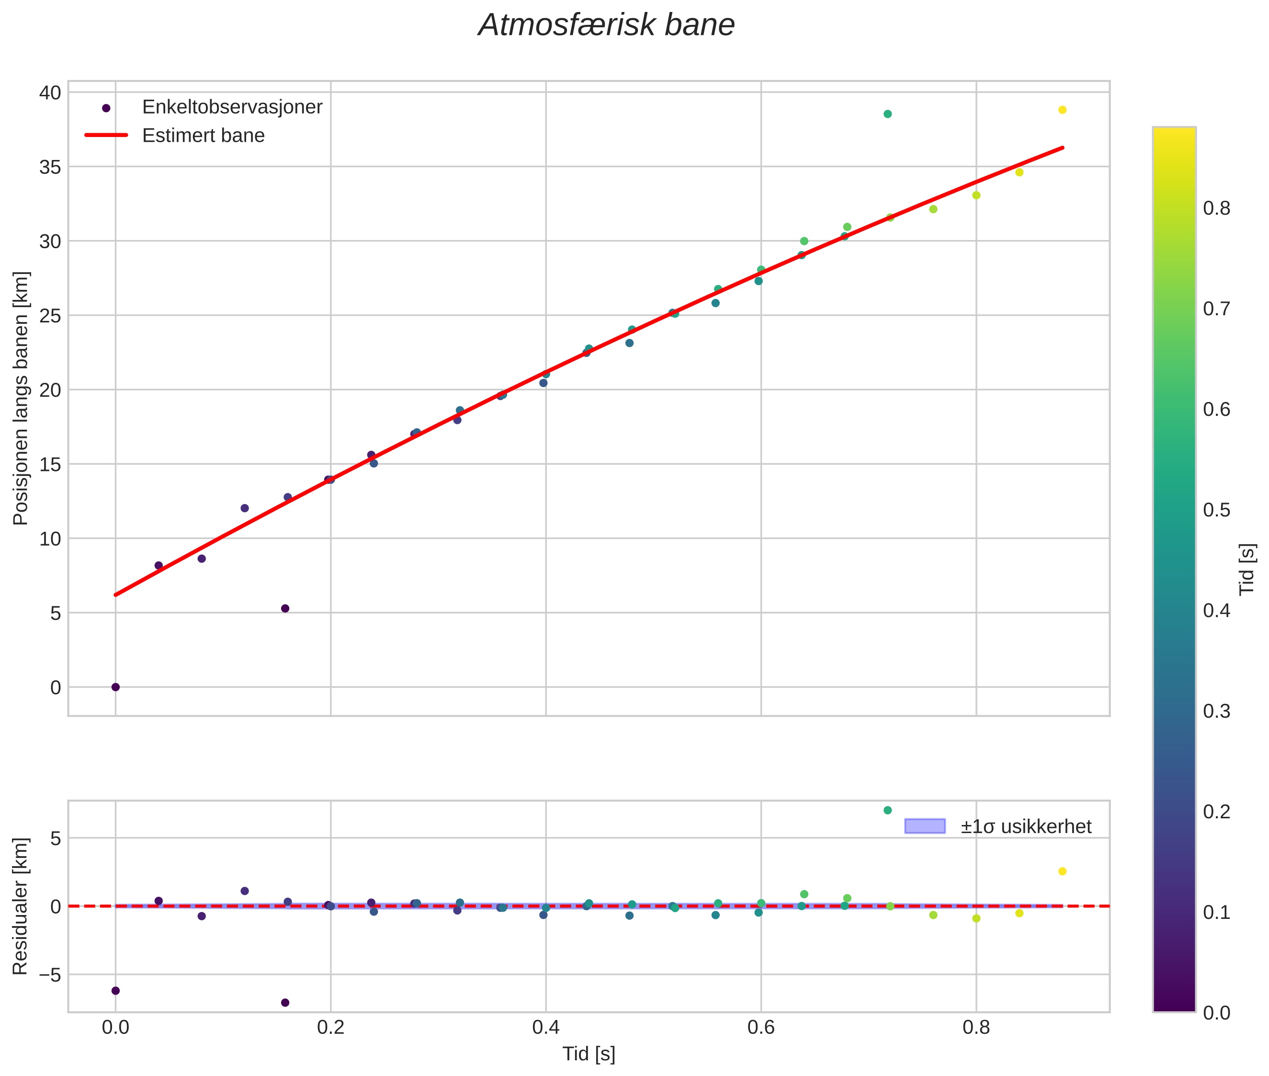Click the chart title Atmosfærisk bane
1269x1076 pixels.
click(x=606, y=25)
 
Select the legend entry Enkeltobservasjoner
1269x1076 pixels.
click(x=232, y=107)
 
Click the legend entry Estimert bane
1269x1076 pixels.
click(x=203, y=136)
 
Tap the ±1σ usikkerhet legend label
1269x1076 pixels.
click(x=1026, y=826)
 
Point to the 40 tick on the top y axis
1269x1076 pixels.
click(x=51, y=93)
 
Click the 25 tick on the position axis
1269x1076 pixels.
click(x=51, y=315)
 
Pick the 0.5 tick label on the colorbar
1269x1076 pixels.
click(x=1216, y=510)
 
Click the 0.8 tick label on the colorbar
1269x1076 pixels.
click(x=1216, y=208)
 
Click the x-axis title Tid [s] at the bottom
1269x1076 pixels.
click(x=589, y=1054)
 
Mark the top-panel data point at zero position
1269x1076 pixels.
click(x=115, y=687)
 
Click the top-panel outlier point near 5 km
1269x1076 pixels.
click(x=285, y=608)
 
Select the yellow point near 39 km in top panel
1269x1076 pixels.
click(x=1062, y=110)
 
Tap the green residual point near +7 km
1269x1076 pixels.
click(x=887, y=810)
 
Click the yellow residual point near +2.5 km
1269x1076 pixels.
click(x=1062, y=871)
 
